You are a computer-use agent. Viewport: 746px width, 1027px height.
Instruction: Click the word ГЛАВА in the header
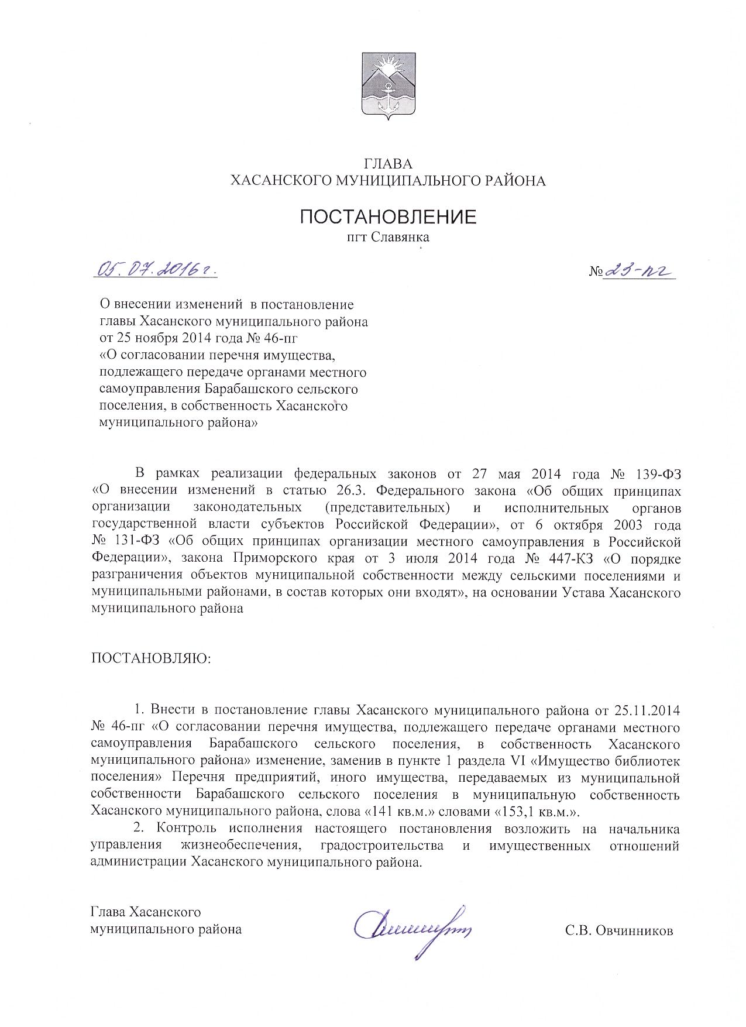(x=388, y=164)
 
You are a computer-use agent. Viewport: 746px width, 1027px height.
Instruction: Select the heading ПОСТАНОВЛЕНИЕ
(x=388, y=217)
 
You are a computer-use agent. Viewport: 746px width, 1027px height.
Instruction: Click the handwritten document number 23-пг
(x=641, y=271)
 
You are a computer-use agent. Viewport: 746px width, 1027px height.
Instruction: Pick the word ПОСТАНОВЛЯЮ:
(x=151, y=659)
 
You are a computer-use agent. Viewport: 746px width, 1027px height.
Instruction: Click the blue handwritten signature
(x=412, y=927)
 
